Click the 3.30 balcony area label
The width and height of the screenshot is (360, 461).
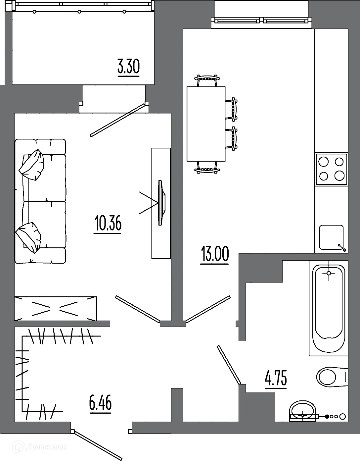tap(129, 67)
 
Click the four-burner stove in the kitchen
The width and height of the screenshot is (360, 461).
tap(332, 169)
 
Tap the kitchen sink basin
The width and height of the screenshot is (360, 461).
tap(332, 237)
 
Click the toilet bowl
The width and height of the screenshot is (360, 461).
tap(332, 377)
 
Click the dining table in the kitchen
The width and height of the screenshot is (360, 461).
tap(206, 124)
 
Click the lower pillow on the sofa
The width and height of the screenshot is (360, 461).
tap(28, 237)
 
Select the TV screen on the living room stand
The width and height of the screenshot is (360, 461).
tap(161, 203)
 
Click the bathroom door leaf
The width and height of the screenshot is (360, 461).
tap(229, 365)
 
